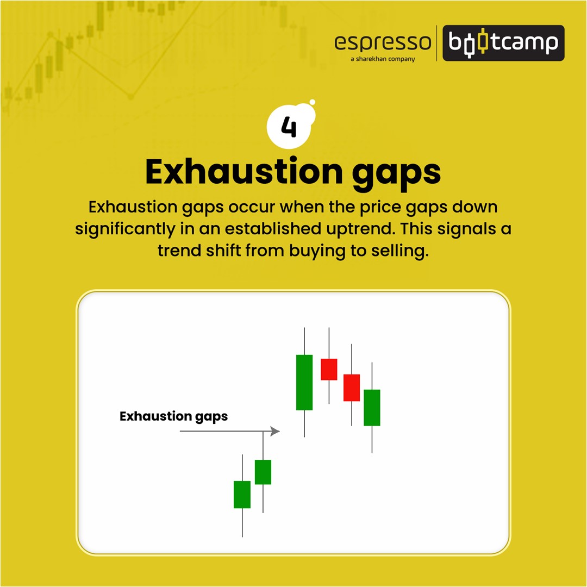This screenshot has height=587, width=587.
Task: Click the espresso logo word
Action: (x=383, y=43)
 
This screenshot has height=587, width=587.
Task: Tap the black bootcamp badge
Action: (x=503, y=43)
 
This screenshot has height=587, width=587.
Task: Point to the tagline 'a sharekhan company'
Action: (x=383, y=59)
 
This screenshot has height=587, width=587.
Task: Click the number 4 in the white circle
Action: (x=289, y=127)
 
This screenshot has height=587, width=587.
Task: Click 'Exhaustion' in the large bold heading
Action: (x=243, y=171)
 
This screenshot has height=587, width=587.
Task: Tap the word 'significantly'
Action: (x=125, y=229)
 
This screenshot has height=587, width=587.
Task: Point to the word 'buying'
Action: (x=317, y=251)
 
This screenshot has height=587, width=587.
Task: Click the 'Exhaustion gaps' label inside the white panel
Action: (x=174, y=417)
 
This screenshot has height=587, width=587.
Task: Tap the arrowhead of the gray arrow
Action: (x=275, y=431)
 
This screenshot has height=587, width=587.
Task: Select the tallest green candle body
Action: (x=304, y=383)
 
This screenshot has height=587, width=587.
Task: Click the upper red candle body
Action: (x=329, y=370)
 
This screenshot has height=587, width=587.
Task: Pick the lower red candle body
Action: (x=352, y=388)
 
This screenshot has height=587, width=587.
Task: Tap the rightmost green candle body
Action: (x=372, y=408)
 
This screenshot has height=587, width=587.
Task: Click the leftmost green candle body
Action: (x=242, y=495)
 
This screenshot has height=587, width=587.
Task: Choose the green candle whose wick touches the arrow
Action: (x=263, y=472)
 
